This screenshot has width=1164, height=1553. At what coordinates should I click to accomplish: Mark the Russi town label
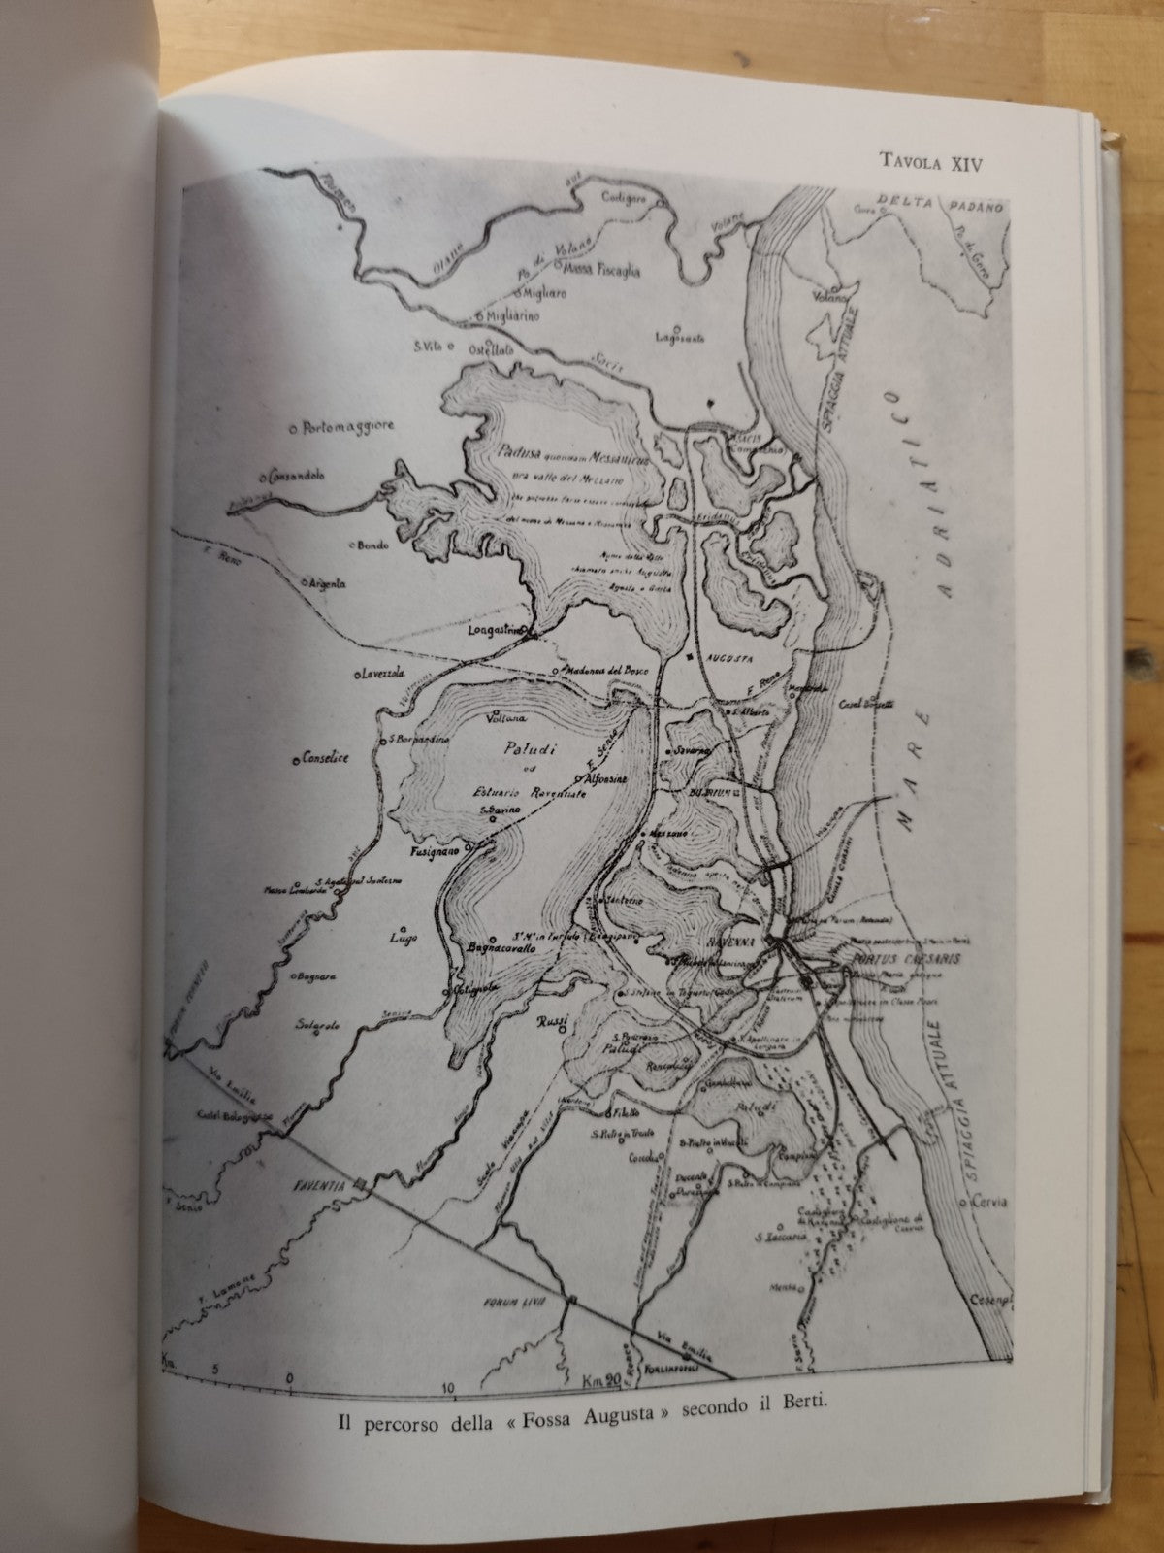click(552, 1023)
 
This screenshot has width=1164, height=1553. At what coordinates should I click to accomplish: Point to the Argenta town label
click(328, 584)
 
